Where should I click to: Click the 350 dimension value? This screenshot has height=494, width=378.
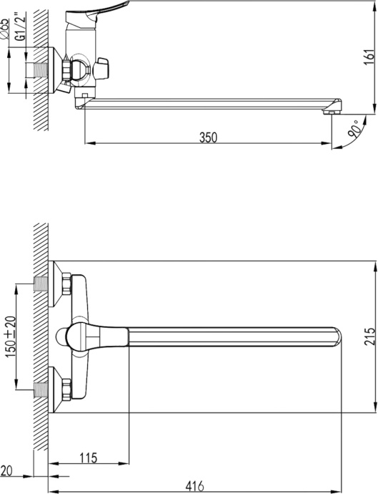point(208,137)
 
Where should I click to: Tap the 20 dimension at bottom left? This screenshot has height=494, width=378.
point(7,470)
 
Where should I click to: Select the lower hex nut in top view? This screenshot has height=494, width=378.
point(65,389)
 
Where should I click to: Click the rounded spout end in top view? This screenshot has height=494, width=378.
point(337,336)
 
